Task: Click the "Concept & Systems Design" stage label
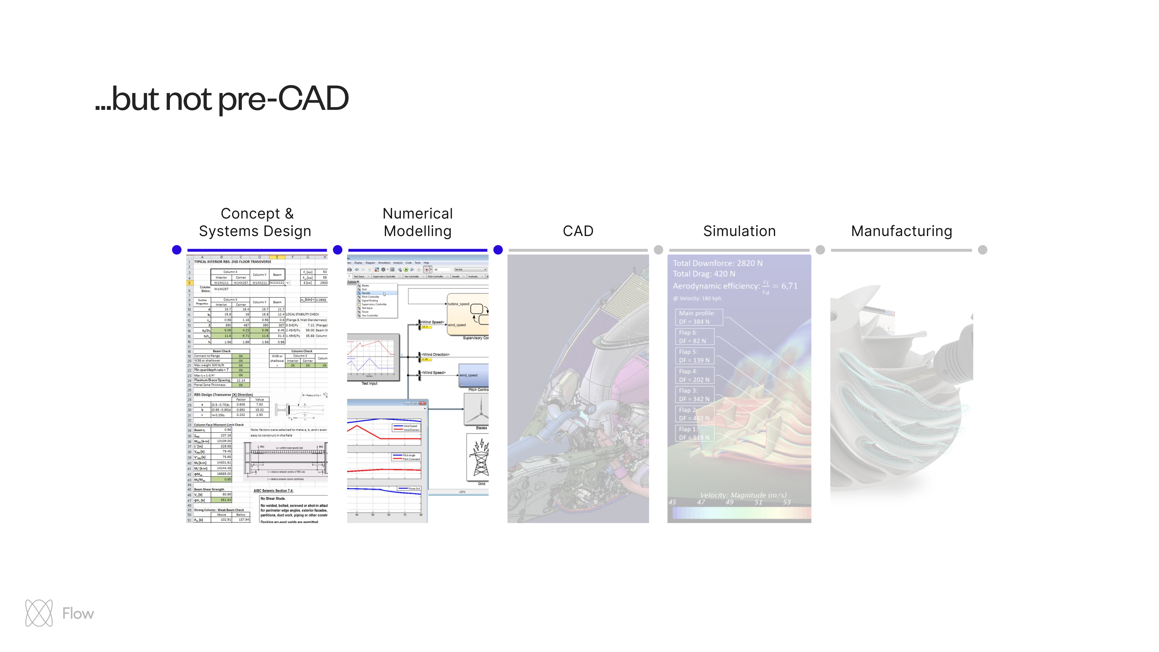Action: (255, 222)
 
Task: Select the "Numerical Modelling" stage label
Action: (417, 222)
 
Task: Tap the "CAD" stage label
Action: (578, 231)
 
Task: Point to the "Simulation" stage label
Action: (739, 231)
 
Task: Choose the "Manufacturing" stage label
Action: (902, 231)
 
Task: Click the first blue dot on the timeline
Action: (177, 250)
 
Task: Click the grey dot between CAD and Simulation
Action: (658, 250)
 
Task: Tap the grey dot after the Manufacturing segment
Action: (983, 250)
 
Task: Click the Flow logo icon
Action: (39, 613)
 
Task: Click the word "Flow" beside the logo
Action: (78, 613)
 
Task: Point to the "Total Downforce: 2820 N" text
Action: (718, 263)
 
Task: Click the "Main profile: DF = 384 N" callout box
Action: (699, 317)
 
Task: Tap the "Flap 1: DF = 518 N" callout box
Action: (694, 433)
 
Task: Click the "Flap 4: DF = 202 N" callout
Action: (694, 375)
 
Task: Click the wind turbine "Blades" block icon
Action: (477, 409)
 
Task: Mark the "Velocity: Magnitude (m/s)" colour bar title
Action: (743, 495)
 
